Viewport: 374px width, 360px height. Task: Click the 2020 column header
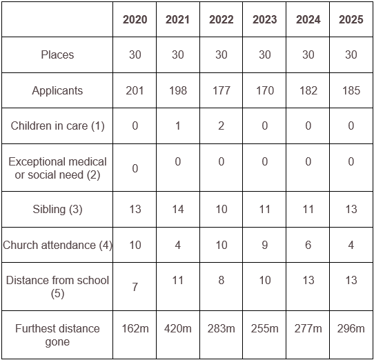(x=135, y=19)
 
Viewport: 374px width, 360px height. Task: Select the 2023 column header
(x=264, y=19)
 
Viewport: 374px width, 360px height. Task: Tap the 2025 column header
(x=351, y=19)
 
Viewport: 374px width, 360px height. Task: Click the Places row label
(x=57, y=55)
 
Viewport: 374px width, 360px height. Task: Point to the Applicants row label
(x=57, y=91)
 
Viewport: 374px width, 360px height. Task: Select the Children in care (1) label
(x=57, y=126)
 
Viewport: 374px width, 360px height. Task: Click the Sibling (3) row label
(x=57, y=210)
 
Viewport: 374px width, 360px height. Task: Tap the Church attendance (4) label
(x=57, y=245)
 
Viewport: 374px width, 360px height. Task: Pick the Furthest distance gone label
(x=57, y=335)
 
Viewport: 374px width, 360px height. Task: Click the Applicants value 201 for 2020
(x=135, y=90)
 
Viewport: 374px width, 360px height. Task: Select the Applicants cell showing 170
(x=264, y=90)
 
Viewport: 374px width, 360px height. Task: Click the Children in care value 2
(x=221, y=126)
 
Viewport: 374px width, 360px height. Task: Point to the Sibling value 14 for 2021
(x=178, y=210)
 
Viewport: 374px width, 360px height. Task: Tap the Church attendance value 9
(x=264, y=245)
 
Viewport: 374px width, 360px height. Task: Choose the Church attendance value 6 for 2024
(x=308, y=245)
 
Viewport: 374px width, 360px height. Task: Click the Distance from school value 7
(x=135, y=287)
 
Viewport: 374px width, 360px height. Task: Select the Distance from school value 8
(x=221, y=280)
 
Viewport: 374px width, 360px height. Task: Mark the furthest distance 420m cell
(x=178, y=328)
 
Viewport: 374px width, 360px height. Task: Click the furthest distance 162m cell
(x=135, y=328)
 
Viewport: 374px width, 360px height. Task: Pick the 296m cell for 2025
(x=351, y=328)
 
